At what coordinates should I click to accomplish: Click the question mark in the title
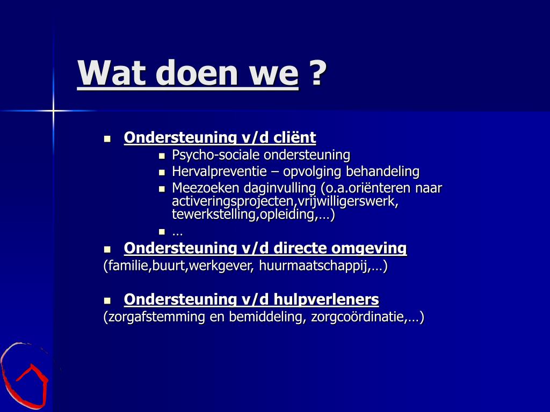[x=319, y=72]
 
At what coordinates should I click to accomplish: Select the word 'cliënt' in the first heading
[x=295, y=137]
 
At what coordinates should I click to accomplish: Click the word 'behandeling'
[x=382, y=171]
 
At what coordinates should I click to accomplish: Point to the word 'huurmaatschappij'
[x=314, y=266]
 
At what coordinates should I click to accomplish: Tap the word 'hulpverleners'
[x=326, y=299]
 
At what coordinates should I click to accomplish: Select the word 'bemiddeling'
[x=265, y=317]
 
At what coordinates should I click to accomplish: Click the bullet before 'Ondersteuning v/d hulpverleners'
[x=107, y=300]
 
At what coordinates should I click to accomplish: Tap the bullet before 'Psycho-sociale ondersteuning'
[x=162, y=156]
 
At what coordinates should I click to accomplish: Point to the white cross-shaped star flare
[x=53, y=111]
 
